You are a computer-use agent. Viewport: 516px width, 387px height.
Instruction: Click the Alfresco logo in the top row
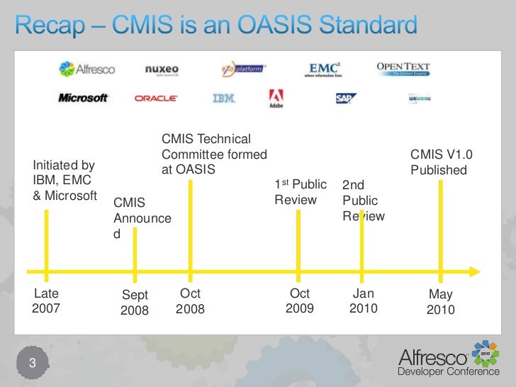pos(87,69)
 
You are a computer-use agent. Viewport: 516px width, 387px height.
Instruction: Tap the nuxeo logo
pos(162,69)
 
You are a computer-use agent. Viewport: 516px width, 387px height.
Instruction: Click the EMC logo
pos(330,69)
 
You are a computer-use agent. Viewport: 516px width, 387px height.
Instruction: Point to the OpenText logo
pos(403,69)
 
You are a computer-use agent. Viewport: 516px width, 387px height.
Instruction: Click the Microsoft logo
pos(84,98)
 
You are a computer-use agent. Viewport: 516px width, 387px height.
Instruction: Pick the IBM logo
pos(223,98)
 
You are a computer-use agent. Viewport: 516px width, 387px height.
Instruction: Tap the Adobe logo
pos(276,98)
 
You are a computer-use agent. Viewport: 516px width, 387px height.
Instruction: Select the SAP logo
pos(346,99)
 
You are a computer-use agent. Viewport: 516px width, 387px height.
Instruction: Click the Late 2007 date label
pos(47,301)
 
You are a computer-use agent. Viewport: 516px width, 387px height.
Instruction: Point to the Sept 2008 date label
pos(135,303)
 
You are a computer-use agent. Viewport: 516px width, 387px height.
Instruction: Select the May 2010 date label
pos(440,303)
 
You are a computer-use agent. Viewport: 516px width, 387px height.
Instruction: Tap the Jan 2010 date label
pos(363,301)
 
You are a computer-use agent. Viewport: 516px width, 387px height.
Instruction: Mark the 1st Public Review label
pos(301,192)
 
